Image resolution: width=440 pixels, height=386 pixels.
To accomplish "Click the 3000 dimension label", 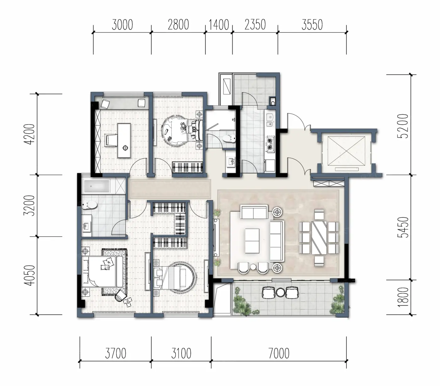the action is (x=122, y=25).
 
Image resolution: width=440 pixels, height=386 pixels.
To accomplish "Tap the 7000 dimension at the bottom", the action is (x=279, y=353).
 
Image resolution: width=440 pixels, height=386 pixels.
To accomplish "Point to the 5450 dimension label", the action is (x=403, y=227).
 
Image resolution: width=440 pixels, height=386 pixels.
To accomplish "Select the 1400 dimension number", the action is (x=219, y=25).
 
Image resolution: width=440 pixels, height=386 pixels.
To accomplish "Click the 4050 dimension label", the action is (x=29, y=276).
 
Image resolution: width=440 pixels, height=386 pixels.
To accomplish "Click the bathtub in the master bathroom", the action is (x=97, y=186).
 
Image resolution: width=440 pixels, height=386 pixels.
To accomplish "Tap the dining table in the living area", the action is (x=319, y=238).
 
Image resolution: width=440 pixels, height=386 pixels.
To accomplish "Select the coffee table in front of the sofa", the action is (x=252, y=241).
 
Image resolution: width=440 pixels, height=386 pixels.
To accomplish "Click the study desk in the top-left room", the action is (x=124, y=141).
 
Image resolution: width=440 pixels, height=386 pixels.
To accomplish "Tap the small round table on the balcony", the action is (x=280, y=292).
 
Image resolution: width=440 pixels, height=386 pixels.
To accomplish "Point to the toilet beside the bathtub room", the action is (x=90, y=205).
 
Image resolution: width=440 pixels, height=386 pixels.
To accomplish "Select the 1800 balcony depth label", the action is (x=403, y=297).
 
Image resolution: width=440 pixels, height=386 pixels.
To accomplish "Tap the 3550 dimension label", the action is (x=312, y=25).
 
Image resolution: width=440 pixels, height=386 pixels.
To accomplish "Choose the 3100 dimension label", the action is (x=181, y=353).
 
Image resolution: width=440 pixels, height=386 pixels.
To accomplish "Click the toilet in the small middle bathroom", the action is (x=229, y=138).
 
